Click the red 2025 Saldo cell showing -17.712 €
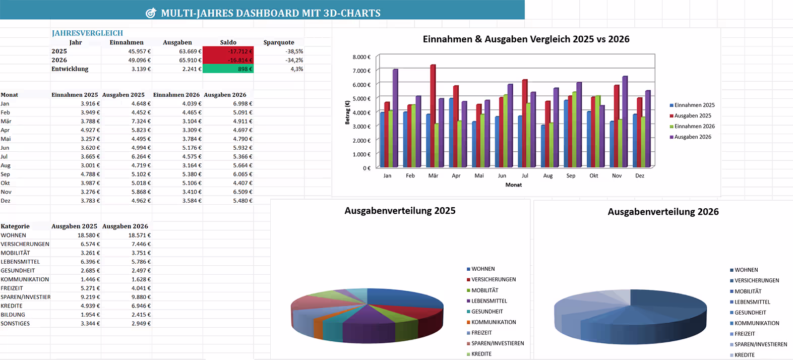pyautogui.click(x=228, y=51)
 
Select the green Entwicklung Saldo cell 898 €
pyautogui.click(x=228, y=69)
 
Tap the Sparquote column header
pyautogui.click(x=278, y=42)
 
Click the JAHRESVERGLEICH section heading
pyautogui.click(x=87, y=33)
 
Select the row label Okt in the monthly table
pyautogui.click(x=5, y=183)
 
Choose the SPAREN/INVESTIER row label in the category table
pyautogui.click(x=25, y=297)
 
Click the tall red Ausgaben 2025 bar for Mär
pyautogui.click(x=433, y=116)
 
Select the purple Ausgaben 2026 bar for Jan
pyautogui.click(x=395, y=118)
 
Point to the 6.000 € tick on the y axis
pyautogui.click(x=361, y=85)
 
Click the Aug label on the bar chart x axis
pyautogui.click(x=547, y=175)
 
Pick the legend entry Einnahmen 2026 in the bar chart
pyautogui.click(x=694, y=127)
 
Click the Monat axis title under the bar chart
pyautogui.click(x=513, y=185)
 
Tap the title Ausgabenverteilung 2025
pyautogui.click(x=400, y=211)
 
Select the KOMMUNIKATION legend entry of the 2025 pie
pyautogui.click(x=493, y=322)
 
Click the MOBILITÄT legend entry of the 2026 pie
pyautogui.click(x=748, y=291)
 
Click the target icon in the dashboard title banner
pyautogui.click(x=151, y=13)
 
